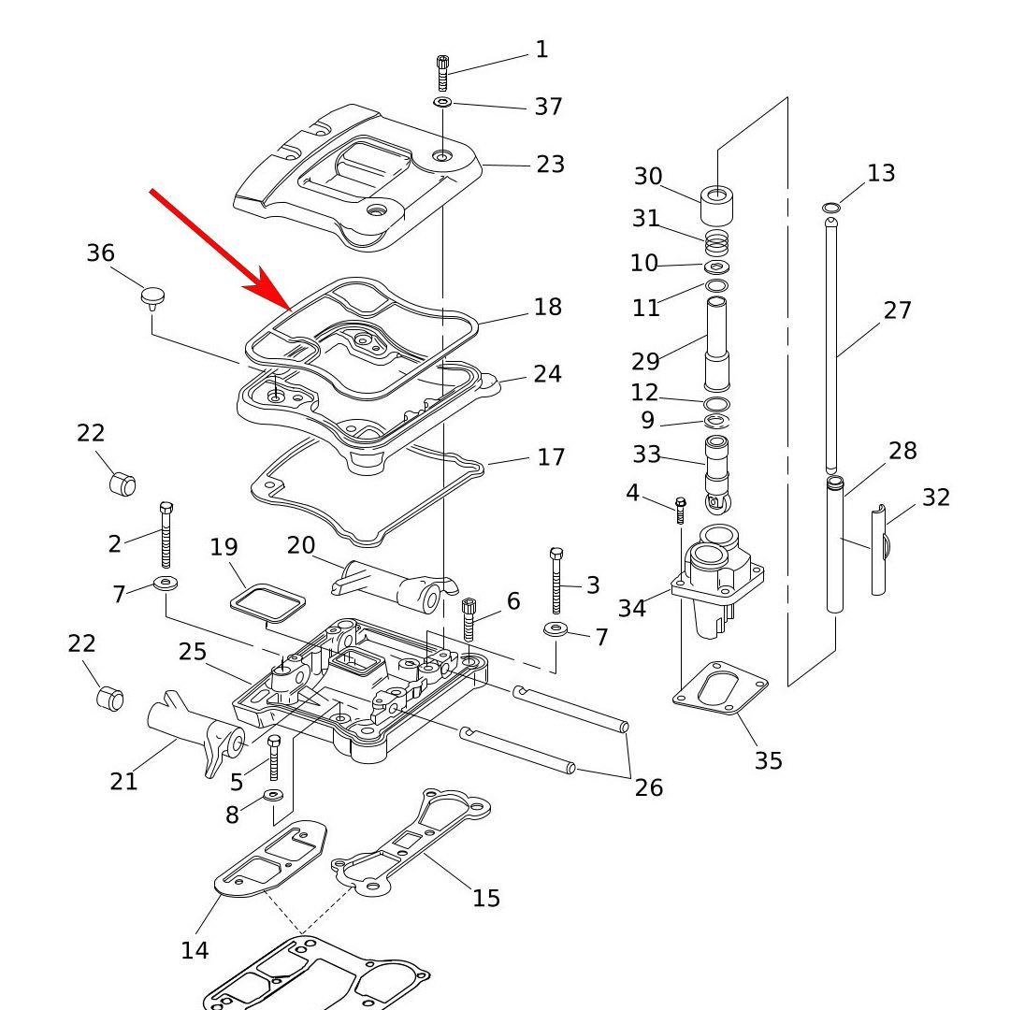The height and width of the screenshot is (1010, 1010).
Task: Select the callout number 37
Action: tap(548, 107)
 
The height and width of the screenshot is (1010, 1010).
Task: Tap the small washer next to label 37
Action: tap(443, 101)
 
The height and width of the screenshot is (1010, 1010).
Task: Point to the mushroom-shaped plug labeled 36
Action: tap(152, 297)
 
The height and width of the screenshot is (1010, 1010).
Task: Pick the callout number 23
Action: tap(550, 165)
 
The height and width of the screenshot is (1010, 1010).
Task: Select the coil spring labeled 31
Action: tap(716, 243)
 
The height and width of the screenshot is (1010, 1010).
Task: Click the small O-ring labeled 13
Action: tap(830, 207)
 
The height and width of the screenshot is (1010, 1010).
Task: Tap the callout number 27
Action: tap(897, 310)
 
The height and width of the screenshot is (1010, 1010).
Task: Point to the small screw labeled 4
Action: tap(681, 510)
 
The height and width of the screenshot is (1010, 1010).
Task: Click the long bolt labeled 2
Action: tap(166, 534)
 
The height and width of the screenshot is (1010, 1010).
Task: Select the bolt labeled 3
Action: tap(556, 580)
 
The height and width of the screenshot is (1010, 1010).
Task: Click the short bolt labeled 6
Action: tap(469, 619)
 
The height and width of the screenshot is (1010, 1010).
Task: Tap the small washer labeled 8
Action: tap(274, 795)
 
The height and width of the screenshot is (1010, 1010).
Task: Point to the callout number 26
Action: tap(648, 787)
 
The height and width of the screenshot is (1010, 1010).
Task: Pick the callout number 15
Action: tap(486, 899)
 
